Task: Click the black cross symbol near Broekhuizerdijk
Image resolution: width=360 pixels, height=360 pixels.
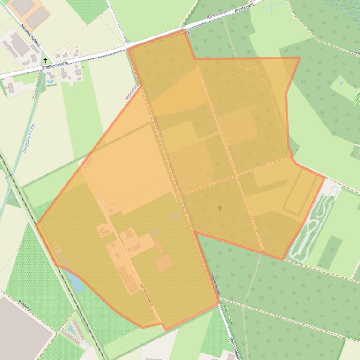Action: (x=45, y=60)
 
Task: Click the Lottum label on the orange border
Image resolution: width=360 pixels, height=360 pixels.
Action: (x=86, y=162)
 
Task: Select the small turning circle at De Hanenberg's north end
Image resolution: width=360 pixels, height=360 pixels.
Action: (x=101, y=202)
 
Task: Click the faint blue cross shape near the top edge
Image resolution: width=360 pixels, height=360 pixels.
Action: (x=272, y=5)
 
